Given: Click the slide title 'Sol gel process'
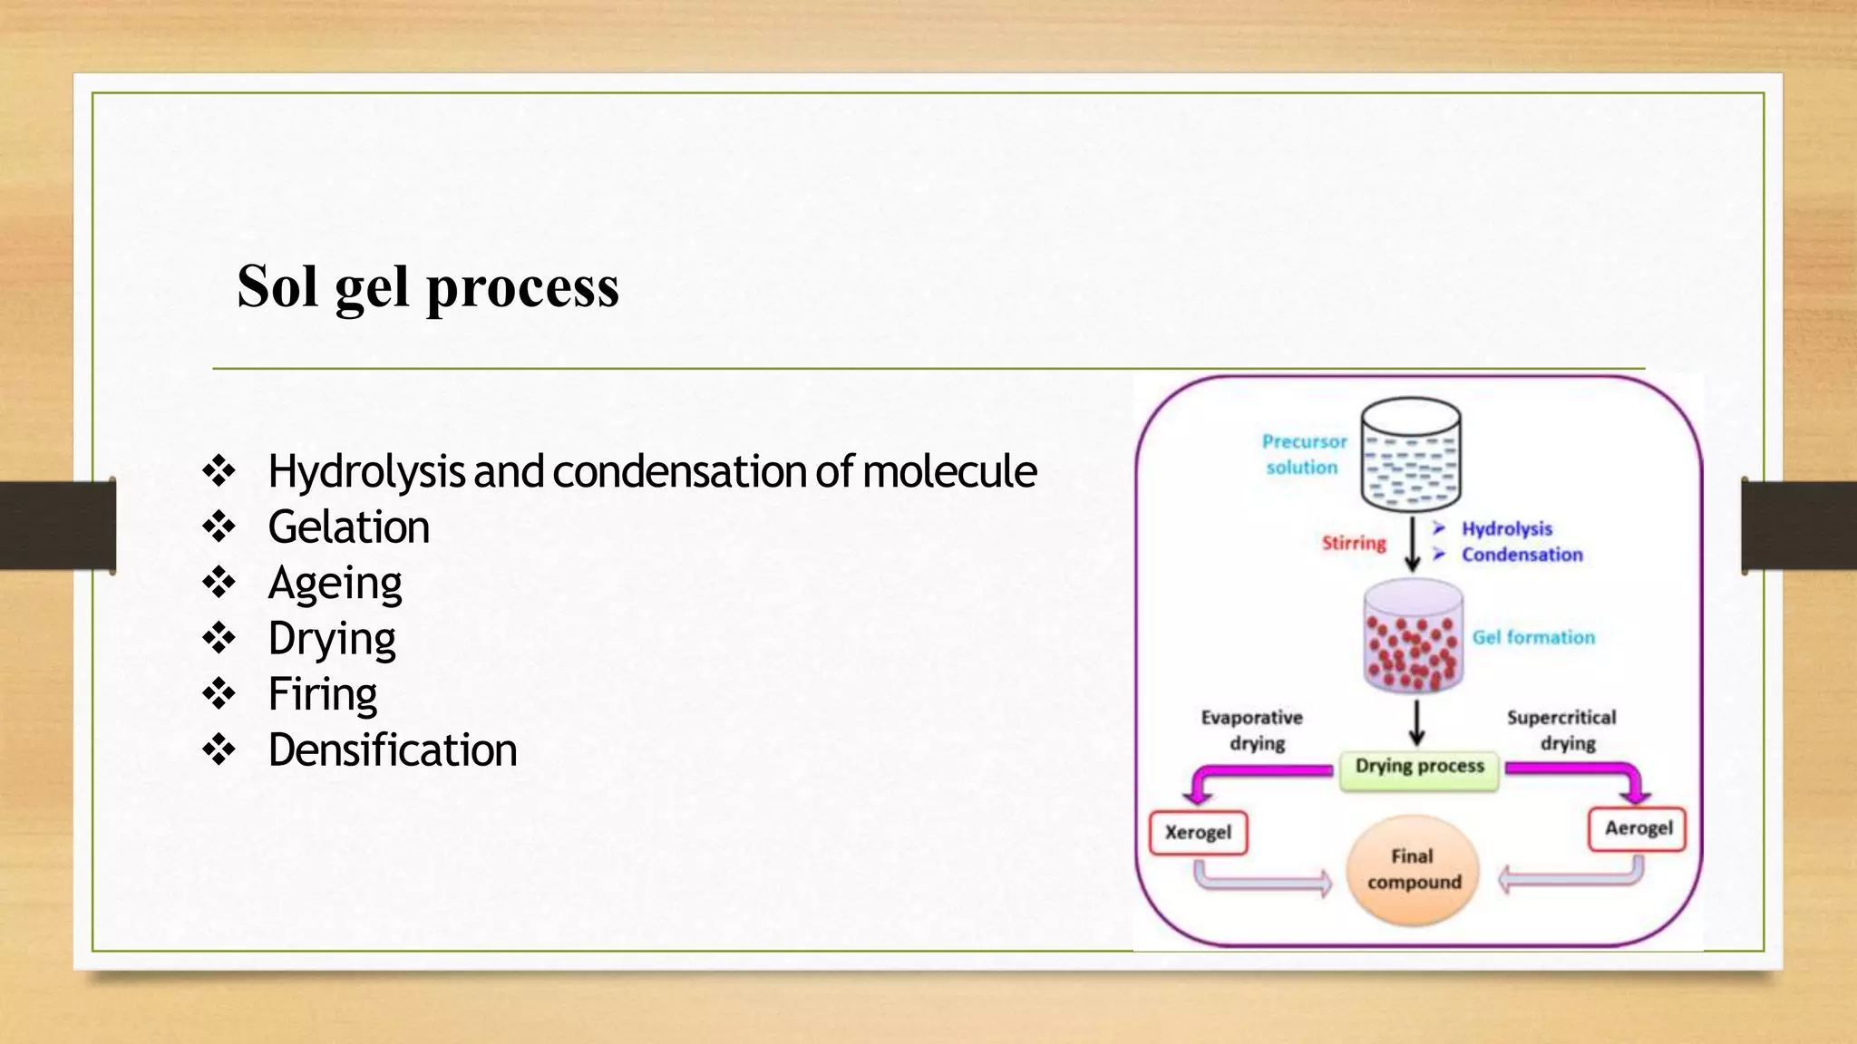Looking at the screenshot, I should (427, 287).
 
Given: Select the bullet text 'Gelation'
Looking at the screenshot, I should (348, 527).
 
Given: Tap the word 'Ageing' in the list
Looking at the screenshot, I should (335, 584).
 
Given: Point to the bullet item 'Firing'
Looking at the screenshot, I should (322, 695).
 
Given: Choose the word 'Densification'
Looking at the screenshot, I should (392, 750).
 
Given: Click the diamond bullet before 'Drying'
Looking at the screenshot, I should (219, 638).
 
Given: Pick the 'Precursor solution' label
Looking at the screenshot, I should (1303, 454).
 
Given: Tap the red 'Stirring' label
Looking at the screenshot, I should (1353, 543).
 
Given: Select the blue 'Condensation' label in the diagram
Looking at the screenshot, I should (1522, 555).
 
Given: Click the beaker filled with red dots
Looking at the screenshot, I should (1413, 638).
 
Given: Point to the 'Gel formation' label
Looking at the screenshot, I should (1532, 637).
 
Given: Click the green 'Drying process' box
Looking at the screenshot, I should (1419, 768).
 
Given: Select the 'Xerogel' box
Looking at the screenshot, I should (1198, 832).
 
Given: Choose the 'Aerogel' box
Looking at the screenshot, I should (1638, 828).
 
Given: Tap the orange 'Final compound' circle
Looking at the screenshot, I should (1413, 870).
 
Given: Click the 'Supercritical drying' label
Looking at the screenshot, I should (1561, 730).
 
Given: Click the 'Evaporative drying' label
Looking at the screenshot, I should (1252, 730).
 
